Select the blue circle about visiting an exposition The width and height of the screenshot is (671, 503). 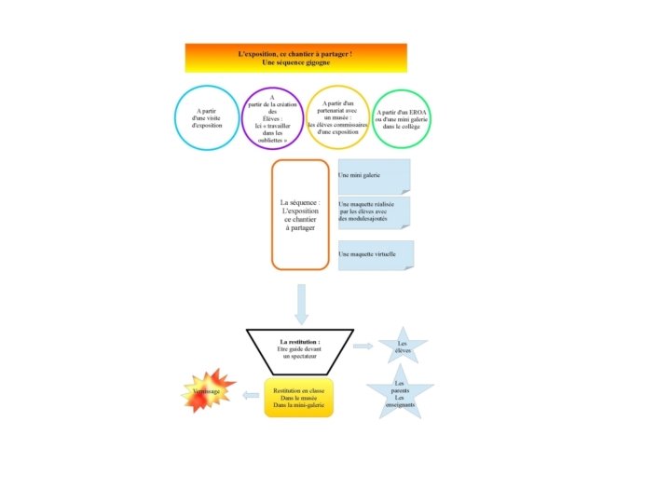coord(207,117)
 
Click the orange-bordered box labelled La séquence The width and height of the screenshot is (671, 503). coord(300,214)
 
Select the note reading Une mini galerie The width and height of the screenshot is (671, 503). coord(373,176)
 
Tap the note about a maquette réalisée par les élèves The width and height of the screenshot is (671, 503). coord(373,211)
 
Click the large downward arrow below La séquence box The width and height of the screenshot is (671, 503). coord(301,305)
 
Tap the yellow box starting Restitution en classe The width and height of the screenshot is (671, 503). coord(298,398)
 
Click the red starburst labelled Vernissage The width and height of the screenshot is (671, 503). coord(209,391)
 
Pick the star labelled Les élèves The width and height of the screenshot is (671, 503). coord(403,346)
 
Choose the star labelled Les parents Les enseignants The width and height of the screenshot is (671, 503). coord(400,391)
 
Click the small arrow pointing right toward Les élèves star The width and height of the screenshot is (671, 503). coord(363,347)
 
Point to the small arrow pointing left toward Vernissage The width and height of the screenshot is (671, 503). coord(251,396)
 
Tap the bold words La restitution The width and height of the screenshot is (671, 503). coord(300,342)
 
